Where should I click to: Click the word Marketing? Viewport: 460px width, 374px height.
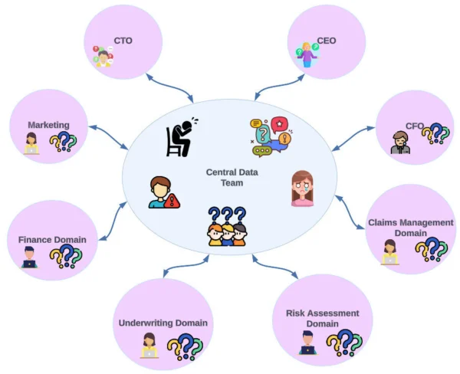pos(48,125)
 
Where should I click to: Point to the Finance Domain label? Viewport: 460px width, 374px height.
pos(52,240)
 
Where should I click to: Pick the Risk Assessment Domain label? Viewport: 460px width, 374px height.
pos(322,318)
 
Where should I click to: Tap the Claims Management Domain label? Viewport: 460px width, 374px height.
pos(410,228)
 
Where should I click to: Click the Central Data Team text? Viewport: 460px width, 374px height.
pos(232,178)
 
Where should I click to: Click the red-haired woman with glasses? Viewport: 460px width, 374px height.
pos(301,188)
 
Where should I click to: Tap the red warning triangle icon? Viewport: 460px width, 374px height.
pos(173,201)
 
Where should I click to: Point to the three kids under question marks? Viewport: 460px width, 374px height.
pos(227,227)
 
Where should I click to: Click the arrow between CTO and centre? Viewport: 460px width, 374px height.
pos(170,87)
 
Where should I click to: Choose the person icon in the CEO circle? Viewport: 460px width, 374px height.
pos(309,54)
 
